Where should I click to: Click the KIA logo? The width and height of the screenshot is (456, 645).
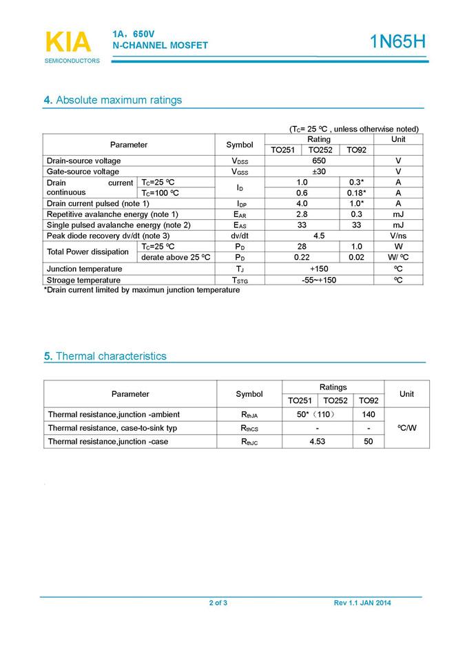[68, 42]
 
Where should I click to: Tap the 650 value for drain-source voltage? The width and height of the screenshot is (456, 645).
[319, 161]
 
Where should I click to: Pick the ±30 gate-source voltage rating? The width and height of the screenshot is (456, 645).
[319, 172]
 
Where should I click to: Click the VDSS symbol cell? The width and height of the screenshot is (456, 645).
[240, 161]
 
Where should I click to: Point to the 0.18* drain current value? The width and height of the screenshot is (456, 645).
[355, 193]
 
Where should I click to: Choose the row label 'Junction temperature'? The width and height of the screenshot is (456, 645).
[84, 269]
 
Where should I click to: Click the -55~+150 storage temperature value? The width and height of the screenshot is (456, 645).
[318, 280]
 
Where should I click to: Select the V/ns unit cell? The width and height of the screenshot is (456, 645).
[398, 236]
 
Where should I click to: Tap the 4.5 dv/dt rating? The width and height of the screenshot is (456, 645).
[319, 236]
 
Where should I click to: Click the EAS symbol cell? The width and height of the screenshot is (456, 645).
[240, 225]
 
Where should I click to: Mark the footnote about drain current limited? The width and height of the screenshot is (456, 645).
[143, 290]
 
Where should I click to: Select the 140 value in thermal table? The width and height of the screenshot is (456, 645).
[369, 414]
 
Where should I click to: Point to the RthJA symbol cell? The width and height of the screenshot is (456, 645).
[249, 415]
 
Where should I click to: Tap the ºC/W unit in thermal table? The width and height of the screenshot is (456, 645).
[406, 428]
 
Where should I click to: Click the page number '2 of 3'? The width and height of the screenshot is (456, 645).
[218, 604]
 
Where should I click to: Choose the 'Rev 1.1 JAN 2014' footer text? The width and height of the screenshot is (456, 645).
[362, 604]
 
